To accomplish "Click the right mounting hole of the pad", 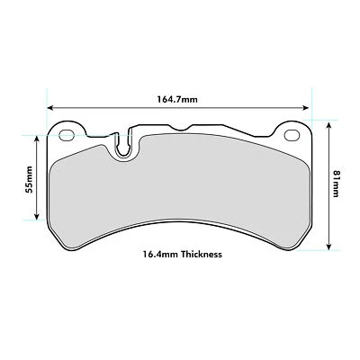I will click(291, 137).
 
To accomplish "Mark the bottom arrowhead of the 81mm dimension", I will click(331, 248).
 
